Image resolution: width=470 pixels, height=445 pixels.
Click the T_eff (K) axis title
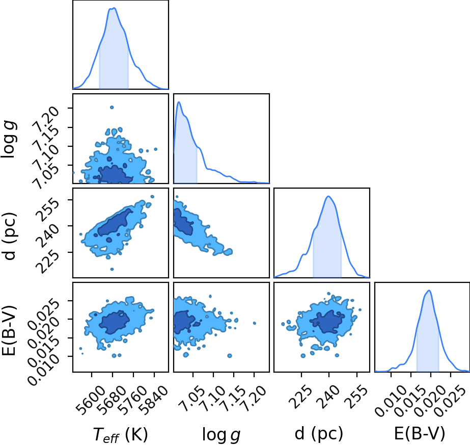point(120,434)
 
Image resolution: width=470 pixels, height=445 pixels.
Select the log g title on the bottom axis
point(221,434)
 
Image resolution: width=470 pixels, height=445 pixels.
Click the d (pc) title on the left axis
point(9,236)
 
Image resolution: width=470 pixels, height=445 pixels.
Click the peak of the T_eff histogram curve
point(114,8)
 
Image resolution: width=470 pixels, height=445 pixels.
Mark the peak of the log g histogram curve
point(179,102)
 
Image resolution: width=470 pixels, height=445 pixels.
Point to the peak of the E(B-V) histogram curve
point(429,291)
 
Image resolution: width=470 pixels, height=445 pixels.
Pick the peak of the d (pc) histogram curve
point(328,196)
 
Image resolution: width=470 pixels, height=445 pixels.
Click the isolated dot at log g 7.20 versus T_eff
point(112,107)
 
